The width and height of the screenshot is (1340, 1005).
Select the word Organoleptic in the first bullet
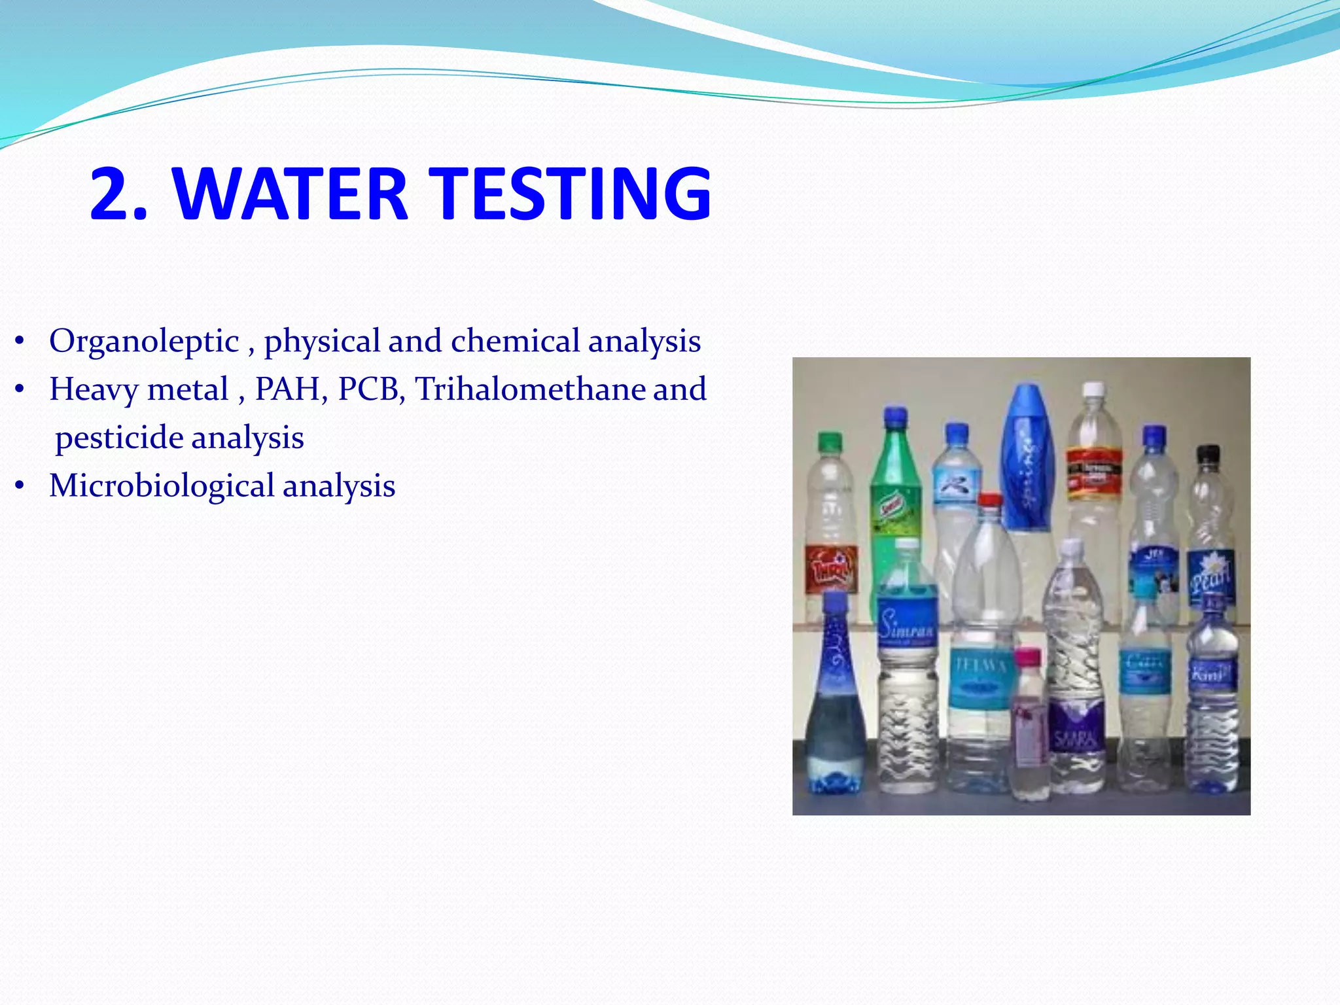pyautogui.click(x=145, y=342)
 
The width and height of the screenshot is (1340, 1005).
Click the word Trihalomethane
pyautogui.click(x=530, y=389)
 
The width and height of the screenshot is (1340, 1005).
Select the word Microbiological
pyautogui.click(x=162, y=486)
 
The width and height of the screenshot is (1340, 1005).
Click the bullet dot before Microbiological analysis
pyautogui.click(x=20, y=486)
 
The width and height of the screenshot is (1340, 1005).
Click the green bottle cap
pyautogui.click(x=829, y=442)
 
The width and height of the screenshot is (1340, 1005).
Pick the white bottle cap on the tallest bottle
pyautogui.click(x=1092, y=391)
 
